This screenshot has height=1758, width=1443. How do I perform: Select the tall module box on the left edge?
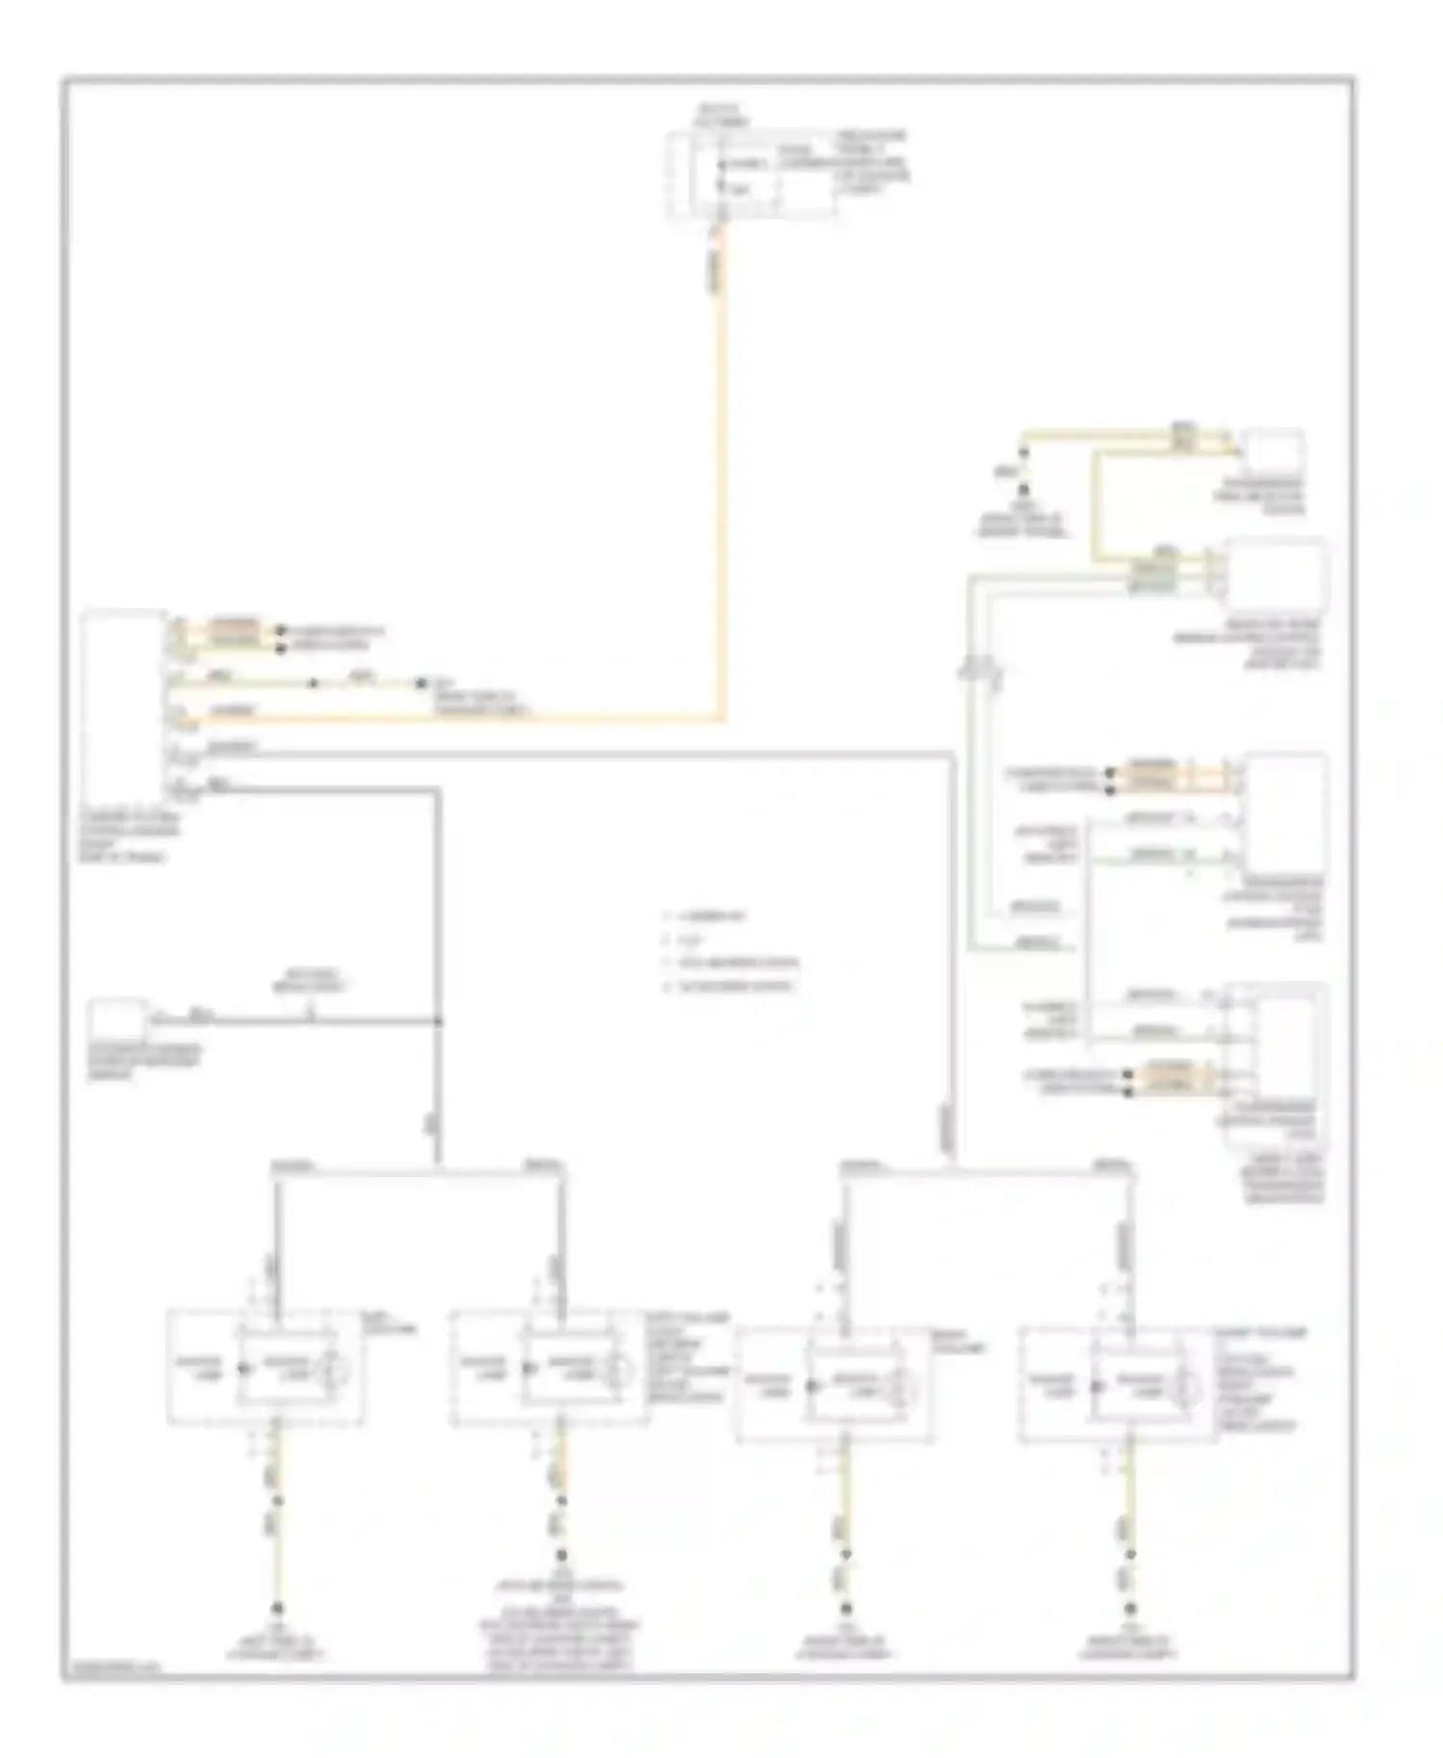(x=123, y=706)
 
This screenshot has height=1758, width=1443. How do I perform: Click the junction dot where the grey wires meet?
(x=439, y=1020)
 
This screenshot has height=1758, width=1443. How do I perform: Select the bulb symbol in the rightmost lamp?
(x=1187, y=1387)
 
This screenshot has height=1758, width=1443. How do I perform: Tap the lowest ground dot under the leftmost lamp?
(x=277, y=1608)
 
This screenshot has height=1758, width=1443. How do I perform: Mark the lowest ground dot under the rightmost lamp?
(x=1130, y=1608)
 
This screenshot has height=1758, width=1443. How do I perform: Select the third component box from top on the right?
(x=1286, y=810)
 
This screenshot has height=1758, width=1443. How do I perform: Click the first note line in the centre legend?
(x=713, y=917)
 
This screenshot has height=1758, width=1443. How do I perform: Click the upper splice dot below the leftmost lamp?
(x=277, y=1500)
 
